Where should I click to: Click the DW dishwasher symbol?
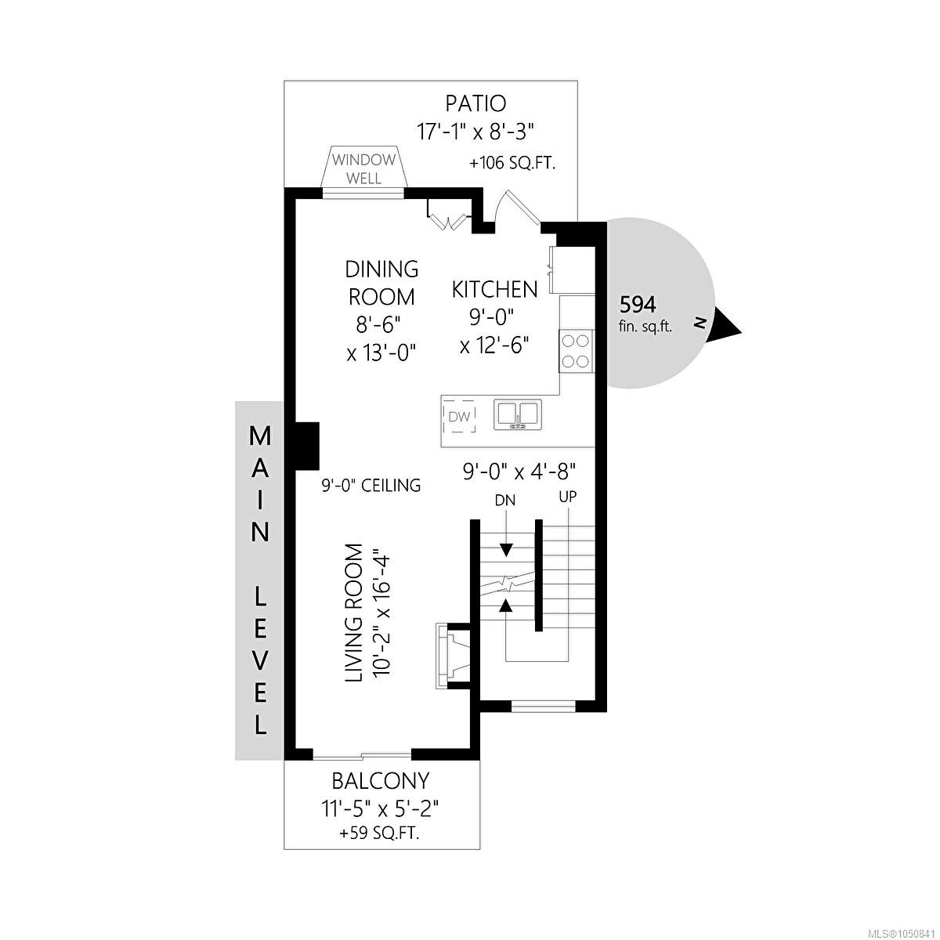coord(459,417)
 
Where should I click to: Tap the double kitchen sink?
coord(518,414)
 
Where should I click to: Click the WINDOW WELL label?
coord(364,168)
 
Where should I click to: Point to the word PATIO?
coord(476,104)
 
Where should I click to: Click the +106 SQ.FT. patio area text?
coord(512,164)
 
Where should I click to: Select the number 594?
coord(638,305)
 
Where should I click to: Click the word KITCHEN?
coord(494,290)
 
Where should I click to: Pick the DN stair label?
coord(505,501)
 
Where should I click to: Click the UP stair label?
coord(568,497)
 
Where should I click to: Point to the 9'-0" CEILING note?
coord(371,486)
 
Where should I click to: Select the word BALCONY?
coord(381,781)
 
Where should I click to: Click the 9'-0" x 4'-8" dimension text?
coord(519,472)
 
